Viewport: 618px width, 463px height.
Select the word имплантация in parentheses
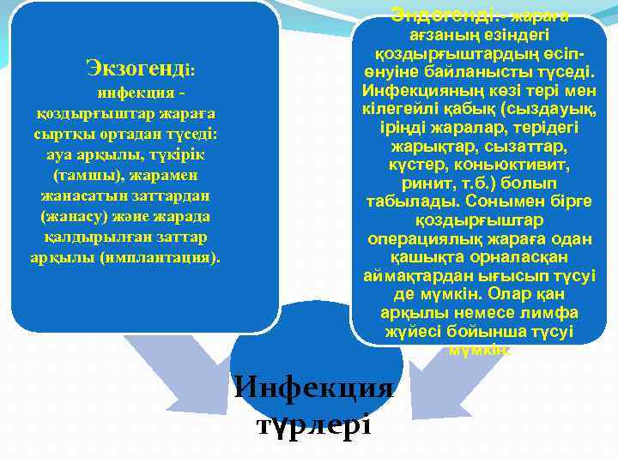[170, 256]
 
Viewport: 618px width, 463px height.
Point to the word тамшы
[82, 176]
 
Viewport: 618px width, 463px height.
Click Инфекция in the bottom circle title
[314, 387]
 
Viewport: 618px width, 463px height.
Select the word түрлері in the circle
[314, 423]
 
